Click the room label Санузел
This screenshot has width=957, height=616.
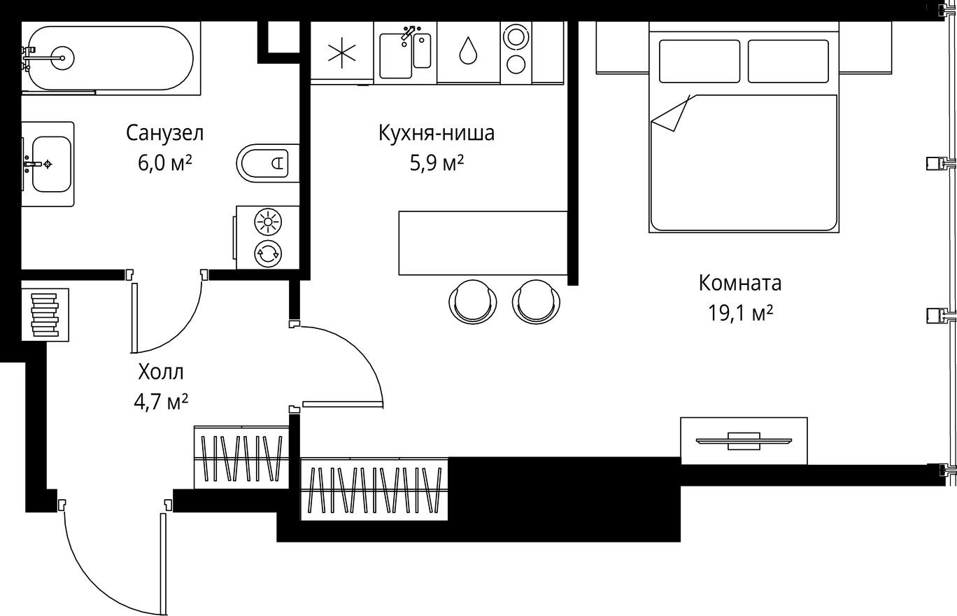(164, 132)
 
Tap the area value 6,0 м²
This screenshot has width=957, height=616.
(165, 163)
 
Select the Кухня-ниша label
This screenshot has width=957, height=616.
(436, 132)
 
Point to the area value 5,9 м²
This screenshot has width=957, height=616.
(437, 163)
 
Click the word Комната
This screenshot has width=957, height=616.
(740, 283)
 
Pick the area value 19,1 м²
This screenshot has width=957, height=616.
(740, 313)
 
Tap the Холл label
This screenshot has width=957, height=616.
(161, 371)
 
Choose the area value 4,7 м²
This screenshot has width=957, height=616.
(161, 402)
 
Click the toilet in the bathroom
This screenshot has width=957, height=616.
(268, 163)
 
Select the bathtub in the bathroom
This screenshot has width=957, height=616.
(108, 58)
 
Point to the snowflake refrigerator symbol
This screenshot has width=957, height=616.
(342, 53)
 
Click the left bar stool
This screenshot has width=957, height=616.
(473, 301)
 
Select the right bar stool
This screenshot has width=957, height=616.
(537, 301)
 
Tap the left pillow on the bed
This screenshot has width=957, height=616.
(699, 62)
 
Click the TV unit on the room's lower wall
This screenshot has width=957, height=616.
(744, 441)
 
